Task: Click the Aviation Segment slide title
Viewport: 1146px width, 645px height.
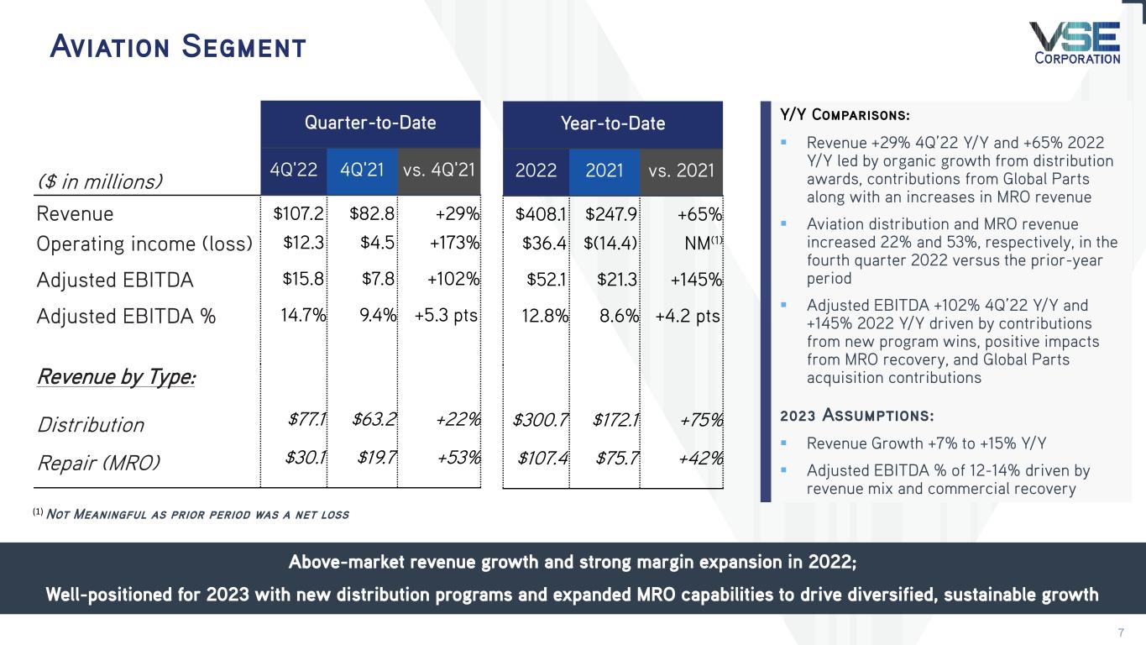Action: click(x=177, y=46)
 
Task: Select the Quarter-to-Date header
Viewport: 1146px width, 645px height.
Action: click(x=370, y=123)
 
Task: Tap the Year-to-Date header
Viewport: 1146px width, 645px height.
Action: click(x=612, y=123)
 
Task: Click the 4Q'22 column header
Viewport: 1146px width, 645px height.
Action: click(x=293, y=170)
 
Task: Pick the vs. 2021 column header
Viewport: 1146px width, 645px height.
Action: click(x=681, y=170)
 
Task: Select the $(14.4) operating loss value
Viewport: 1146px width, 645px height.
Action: click(x=611, y=244)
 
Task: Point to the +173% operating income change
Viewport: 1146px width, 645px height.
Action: click(x=454, y=244)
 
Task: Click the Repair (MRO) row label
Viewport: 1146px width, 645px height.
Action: click(x=99, y=462)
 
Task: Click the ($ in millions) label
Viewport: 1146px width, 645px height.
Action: click(x=100, y=181)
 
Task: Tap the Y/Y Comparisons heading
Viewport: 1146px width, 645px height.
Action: click(x=845, y=114)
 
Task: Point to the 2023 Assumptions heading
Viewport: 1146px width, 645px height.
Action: click(x=856, y=416)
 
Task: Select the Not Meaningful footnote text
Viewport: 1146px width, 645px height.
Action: click(x=191, y=514)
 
